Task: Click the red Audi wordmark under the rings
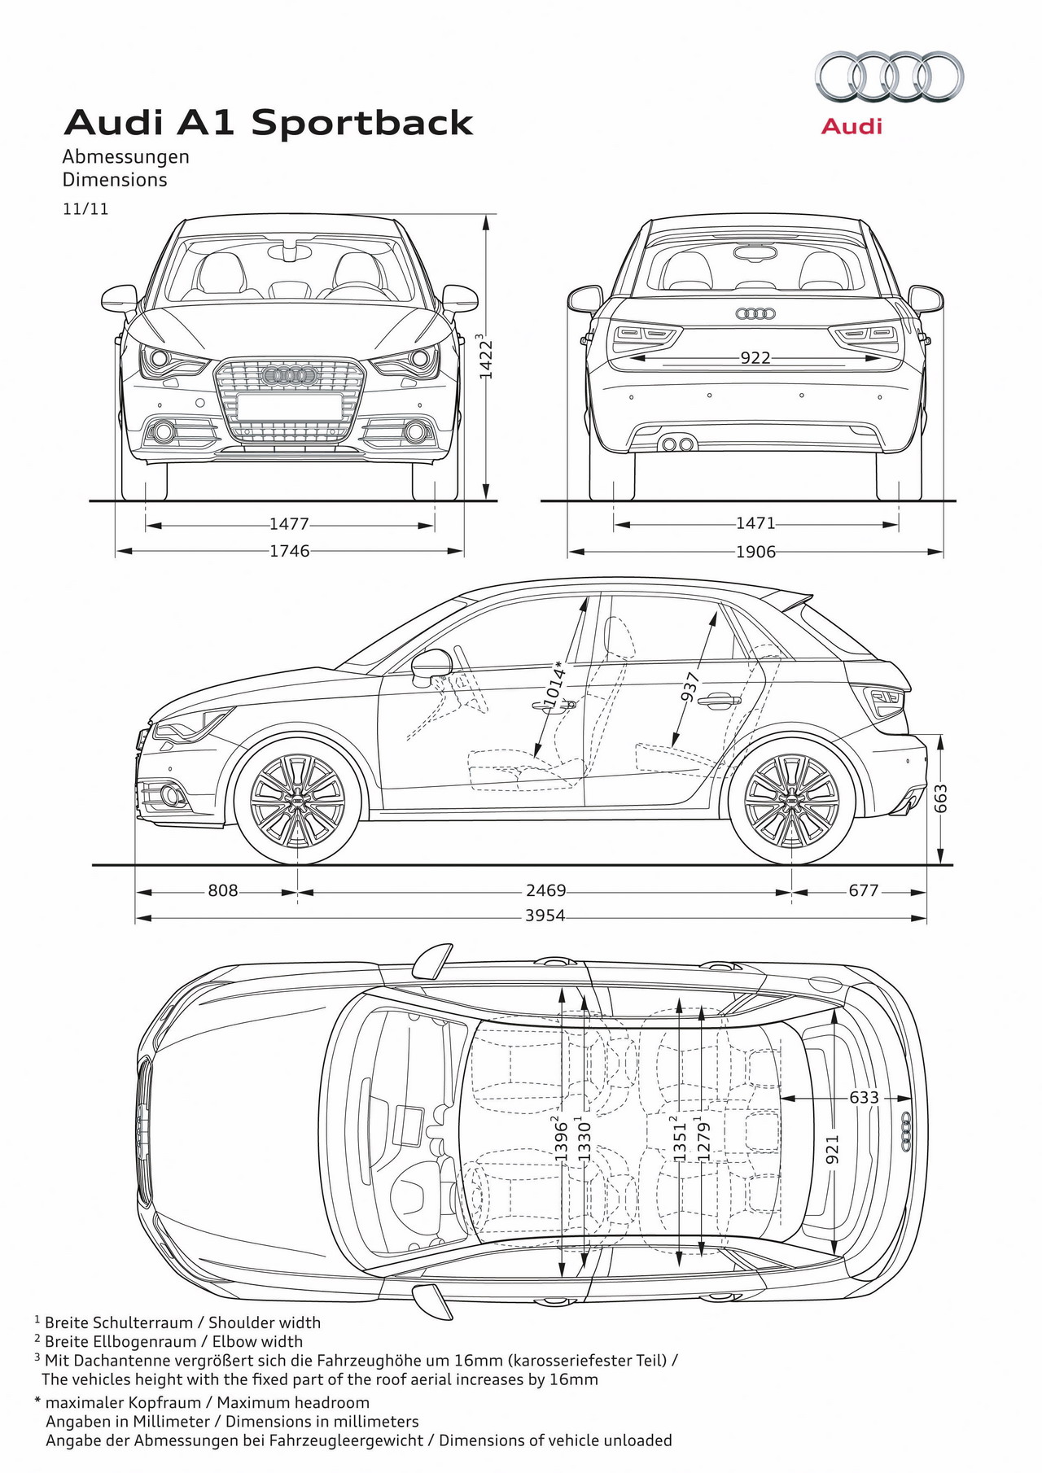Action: pyautogui.click(x=852, y=126)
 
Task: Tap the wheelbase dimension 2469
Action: pyautogui.click(x=545, y=890)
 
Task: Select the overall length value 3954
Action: pyautogui.click(x=545, y=916)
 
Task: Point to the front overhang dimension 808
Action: pyautogui.click(x=222, y=890)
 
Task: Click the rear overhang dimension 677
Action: pyautogui.click(x=864, y=890)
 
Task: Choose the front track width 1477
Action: pyautogui.click(x=289, y=525)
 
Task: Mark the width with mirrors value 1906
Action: pyautogui.click(x=755, y=552)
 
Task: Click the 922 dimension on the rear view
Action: pyautogui.click(x=755, y=357)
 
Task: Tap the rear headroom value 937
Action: pyautogui.click(x=690, y=686)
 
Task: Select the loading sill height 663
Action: pyautogui.click(x=941, y=798)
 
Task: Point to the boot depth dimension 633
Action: pyautogui.click(x=864, y=1097)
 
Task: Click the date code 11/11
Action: pyautogui.click(x=85, y=208)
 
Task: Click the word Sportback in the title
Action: pyautogui.click(x=362, y=123)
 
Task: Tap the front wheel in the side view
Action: pyautogui.click(x=297, y=801)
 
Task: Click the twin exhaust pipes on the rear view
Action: pyautogui.click(x=678, y=444)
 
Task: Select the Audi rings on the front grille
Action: pyautogui.click(x=289, y=375)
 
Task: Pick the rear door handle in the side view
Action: pyautogui.click(x=719, y=699)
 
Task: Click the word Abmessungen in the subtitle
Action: pyautogui.click(x=126, y=156)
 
